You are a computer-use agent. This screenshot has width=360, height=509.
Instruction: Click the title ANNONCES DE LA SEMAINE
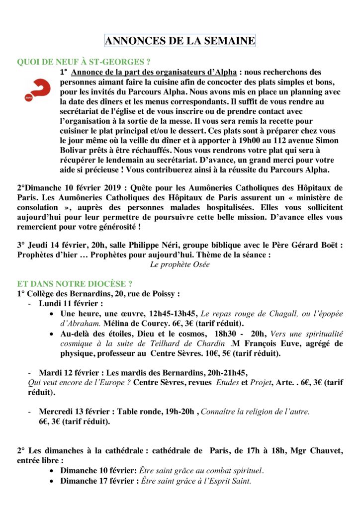(180, 41)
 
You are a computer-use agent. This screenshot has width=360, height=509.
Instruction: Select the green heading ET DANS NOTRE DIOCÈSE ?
(75, 284)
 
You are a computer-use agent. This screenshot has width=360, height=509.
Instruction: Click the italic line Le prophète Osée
(180, 264)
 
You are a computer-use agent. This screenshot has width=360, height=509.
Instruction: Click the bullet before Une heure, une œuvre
(53, 314)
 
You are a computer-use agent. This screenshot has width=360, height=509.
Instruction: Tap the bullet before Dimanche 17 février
(53, 481)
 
